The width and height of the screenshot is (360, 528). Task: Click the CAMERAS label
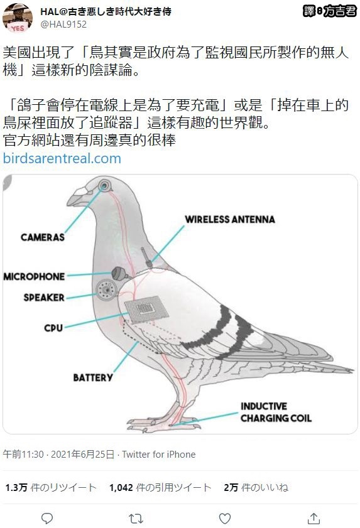[x=43, y=237]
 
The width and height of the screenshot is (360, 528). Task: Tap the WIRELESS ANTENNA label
[x=230, y=219]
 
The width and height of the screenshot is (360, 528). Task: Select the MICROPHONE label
[x=34, y=276]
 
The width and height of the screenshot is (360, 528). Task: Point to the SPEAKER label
[x=44, y=298]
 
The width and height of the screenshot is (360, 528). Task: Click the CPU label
[x=53, y=328]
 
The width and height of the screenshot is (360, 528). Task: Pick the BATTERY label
[x=93, y=377]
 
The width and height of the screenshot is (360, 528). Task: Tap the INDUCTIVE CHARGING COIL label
[x=276, y=412]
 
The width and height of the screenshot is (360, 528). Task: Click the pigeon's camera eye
[x=104, y=185]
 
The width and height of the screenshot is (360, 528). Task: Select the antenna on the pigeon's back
[x=146, y=257]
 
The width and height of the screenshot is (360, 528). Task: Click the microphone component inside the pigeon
[x=120, y=274]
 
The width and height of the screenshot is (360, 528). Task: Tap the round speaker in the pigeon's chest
[x=107, y=289]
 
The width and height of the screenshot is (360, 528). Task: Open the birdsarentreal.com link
[x=62, y=158]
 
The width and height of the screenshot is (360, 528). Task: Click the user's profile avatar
[x=18, y=18]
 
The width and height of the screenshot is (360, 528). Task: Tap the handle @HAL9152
[x=63, y=24]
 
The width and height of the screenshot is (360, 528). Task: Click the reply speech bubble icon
[x=47, y=518]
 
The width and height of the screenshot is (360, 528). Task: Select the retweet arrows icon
[x=136, y=518]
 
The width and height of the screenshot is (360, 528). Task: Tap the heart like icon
[x=225, y=518]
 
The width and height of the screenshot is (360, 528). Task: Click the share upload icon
[x=314, y=518]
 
